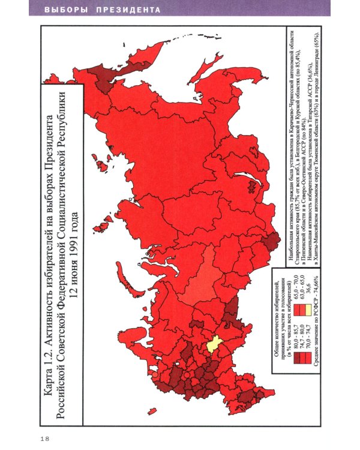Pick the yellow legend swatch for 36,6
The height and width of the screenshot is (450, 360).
308,310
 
